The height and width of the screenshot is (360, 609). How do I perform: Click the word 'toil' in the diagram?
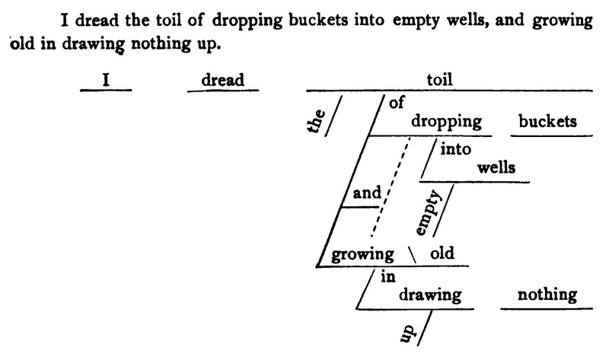point(439,80)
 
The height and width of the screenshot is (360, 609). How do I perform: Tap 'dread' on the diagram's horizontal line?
point(222,80)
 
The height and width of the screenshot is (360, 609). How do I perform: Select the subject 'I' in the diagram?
point(106,80)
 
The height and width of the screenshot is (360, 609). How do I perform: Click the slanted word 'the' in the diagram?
point(317,121)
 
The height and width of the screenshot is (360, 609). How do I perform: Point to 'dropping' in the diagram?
point(446,122)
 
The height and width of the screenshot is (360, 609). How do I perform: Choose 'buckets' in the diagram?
point(547,121)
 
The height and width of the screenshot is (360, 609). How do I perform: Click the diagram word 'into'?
point(455,148)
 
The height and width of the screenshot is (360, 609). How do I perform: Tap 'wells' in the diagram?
point(496,167)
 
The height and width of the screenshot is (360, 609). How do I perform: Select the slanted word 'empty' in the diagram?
point(429,212)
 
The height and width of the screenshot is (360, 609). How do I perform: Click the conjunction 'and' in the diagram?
point(367,193)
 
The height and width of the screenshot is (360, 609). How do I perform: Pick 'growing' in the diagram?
point(362,255)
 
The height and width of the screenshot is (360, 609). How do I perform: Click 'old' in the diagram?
point(442,253)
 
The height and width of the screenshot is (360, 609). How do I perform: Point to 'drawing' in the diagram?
point(430,295)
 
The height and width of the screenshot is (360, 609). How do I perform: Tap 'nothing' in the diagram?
point(547,295)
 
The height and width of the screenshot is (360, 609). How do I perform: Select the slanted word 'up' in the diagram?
point(407,333)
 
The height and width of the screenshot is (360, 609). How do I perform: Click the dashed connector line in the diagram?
point(391,186)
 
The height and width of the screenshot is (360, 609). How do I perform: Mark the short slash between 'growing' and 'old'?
point(412,255)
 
